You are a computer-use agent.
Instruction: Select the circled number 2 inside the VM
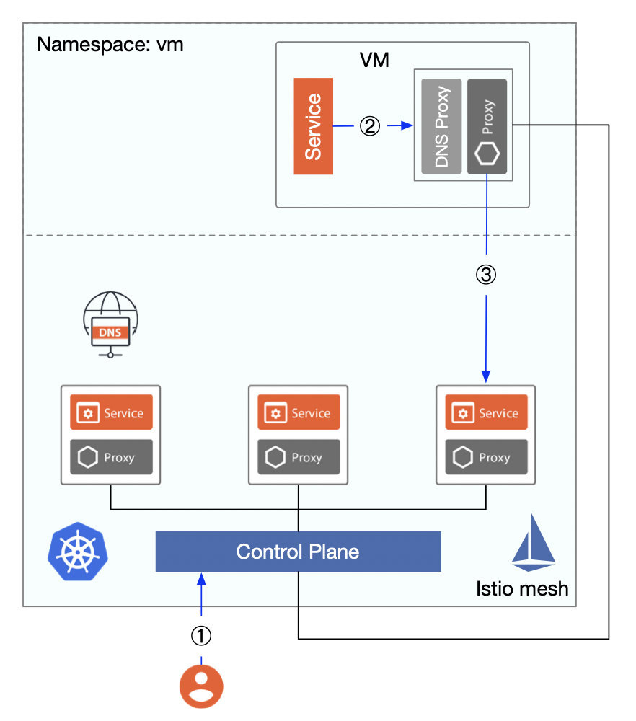pyautogui.click(x=369, y=126)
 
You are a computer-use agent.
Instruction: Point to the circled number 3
pyautogui.click(x=486, y=275)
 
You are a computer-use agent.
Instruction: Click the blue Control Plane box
pyautogui.click(x=298, y=552)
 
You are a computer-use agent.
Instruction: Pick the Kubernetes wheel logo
pyautogui.click(x=72, y=552)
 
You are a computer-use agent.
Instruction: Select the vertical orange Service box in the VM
pyautogui.click(x=313, y=126)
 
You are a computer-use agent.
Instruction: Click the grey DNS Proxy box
pyautogui.click(x=441, y=126)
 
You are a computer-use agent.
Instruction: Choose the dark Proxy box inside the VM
pyautogui.click(x=487, y=126)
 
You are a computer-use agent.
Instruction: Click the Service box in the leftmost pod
pyautogui.click(x=111, y=412)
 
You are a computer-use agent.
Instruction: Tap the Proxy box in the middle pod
pyautogui.click(x=299, y=457)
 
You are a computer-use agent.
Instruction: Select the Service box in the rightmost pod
pyautogui.click(x=486, y=412)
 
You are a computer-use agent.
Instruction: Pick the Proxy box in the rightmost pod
pyautogui.click(x=486, y=457)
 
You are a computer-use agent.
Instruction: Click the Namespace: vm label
pyautogui.click(x=110, y=45)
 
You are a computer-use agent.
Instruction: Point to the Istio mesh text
pyautogui.click(x=522, y=588)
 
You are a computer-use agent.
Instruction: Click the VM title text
pyautogui.click(x=374, y=60)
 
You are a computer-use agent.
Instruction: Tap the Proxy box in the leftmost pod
pyautogui.click(x=111, y=457)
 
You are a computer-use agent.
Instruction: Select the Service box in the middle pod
pyautogui.click(x=299, y=412)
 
